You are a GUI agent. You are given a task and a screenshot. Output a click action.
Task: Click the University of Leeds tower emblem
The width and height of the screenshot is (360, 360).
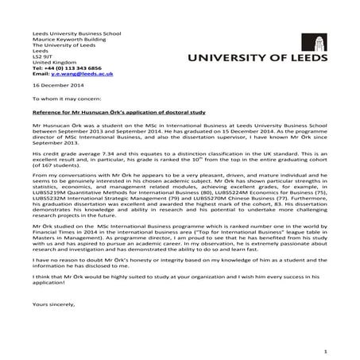click(319, 42)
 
